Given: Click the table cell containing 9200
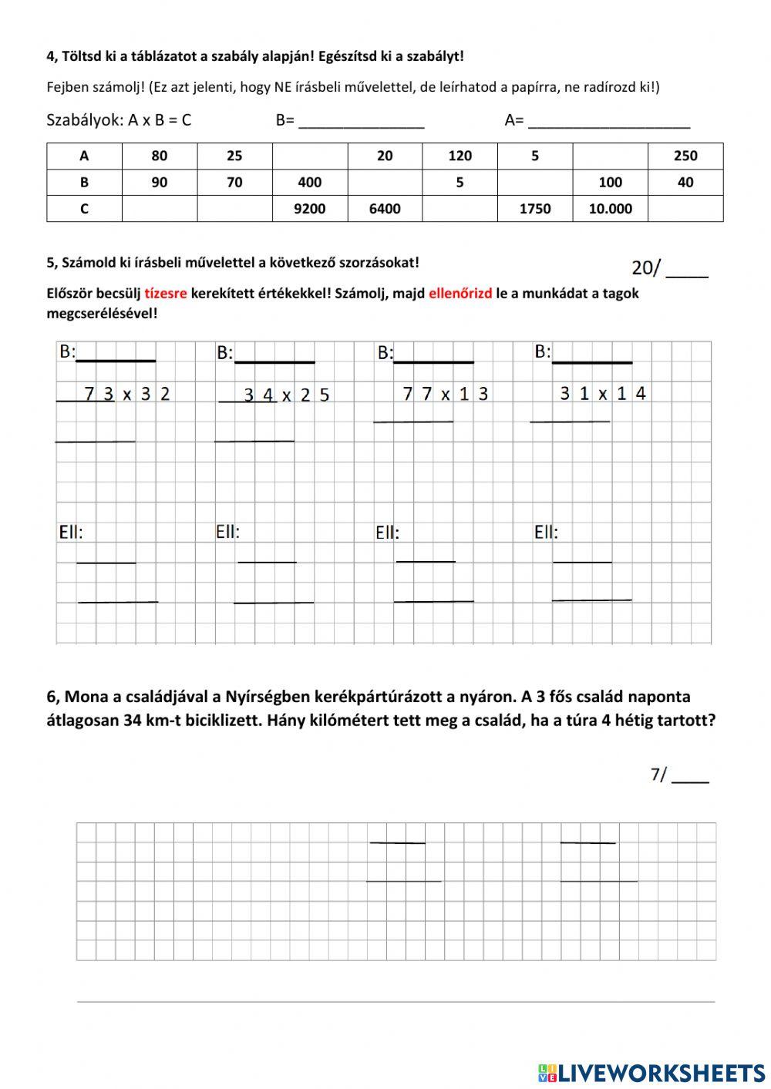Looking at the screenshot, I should (310, 209).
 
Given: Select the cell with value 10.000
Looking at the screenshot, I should (610, 209).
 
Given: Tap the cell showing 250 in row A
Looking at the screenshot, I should (685, 156).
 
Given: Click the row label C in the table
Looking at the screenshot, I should (84, 209).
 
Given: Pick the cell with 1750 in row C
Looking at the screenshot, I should (534, 209).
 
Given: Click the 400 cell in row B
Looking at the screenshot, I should (310, 183).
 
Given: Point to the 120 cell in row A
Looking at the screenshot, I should (460, 156).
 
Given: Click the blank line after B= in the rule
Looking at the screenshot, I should (361, 122).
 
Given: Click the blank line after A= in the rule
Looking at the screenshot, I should (609, 122).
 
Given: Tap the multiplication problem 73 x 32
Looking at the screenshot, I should (126, 394).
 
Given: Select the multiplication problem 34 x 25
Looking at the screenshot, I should (286, 395).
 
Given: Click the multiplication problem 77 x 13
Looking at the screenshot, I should (445, 394).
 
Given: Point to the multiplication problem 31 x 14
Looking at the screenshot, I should (603, 393).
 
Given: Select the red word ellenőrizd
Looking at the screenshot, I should (460, 294).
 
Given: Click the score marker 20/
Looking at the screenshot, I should (646, 268).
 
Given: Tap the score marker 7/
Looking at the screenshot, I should (658, 775).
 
